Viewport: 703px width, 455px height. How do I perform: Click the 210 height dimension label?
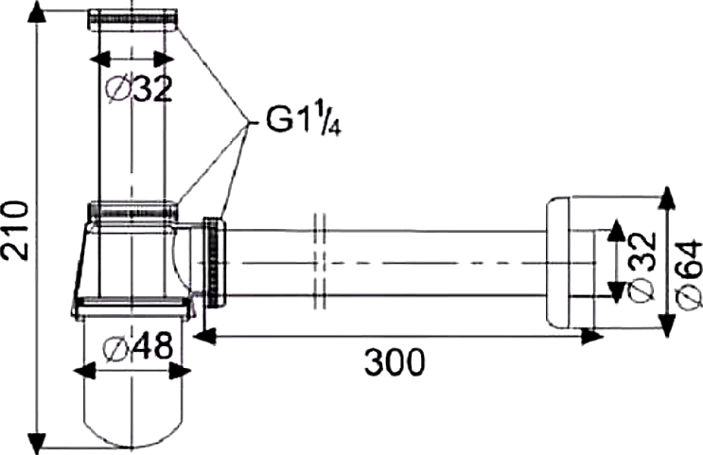tap(15, 230)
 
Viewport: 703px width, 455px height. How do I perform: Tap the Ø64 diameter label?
tap(689, 272)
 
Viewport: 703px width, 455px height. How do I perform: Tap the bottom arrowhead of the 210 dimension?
tap(38, 441)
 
